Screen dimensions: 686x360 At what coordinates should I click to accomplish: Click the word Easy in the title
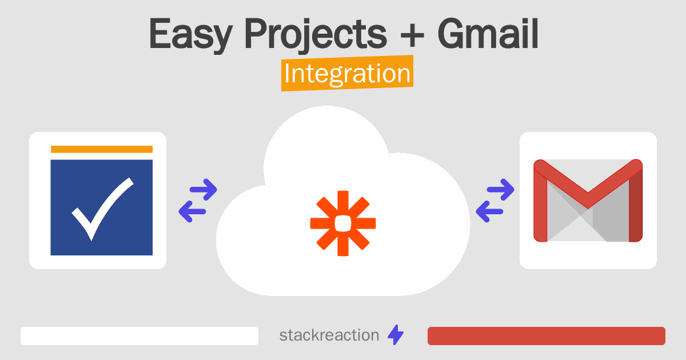[190, 35]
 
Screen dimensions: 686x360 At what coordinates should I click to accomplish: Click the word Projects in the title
[316, 35]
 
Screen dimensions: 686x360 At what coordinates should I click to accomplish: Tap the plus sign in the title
[412, 36]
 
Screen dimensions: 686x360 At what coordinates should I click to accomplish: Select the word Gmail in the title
[488, 33]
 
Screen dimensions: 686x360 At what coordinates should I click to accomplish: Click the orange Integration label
[348, 73]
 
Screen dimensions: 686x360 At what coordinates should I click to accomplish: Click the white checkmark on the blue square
[102, 209]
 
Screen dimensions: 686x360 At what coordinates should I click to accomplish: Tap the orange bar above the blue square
[102, 149]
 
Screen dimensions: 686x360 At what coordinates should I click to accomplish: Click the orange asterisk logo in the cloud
[343, 223]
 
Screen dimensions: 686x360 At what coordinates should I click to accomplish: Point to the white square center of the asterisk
[343, 223]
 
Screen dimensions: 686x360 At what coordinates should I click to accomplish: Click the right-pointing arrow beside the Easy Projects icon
[204, 190]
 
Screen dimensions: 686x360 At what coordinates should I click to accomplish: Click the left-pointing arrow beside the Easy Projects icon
[192, 211]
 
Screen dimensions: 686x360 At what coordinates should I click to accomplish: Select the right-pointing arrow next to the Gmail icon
[500, 190]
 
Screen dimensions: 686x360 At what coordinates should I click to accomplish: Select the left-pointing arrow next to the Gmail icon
[489, 211]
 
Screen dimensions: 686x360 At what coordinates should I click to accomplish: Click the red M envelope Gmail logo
[588, 201]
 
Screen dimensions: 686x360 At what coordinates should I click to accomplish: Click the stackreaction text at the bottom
[329, 335]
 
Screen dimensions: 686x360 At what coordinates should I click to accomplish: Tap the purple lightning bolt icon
[396, 335]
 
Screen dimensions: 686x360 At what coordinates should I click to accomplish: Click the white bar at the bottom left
[139, 336]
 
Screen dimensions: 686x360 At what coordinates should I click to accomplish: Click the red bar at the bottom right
[547, 336]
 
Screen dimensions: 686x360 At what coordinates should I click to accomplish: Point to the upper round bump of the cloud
[326, 138]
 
